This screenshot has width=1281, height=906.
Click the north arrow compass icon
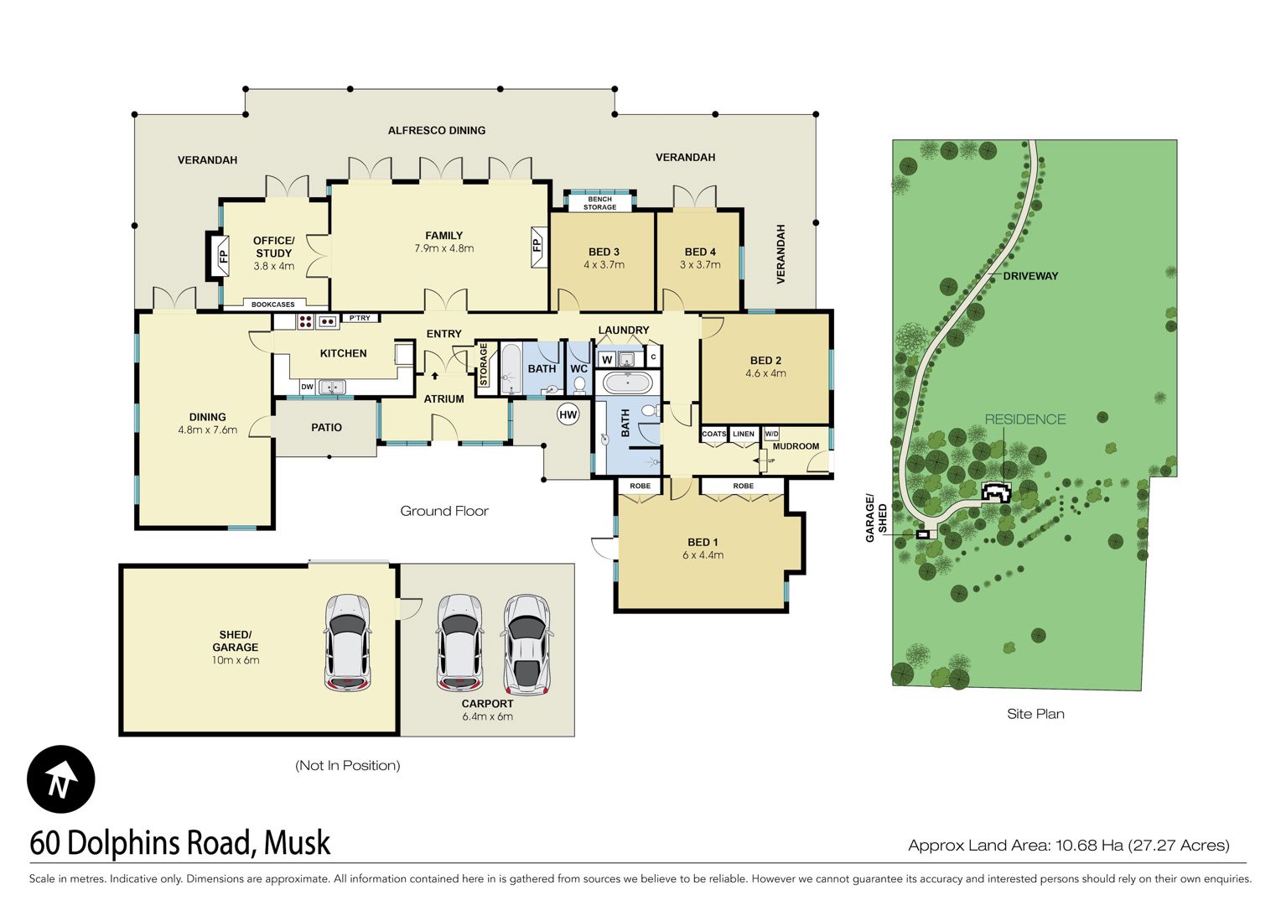pos(60,779)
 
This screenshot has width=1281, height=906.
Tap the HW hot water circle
pos(568,415)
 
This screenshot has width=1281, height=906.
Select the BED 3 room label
pos(604,252)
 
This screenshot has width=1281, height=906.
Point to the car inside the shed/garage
pos(348,643)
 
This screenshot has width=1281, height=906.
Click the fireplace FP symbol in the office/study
pos(223,256)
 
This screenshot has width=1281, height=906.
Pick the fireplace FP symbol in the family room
pos(537,246)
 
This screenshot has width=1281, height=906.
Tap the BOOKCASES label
pos(272,305)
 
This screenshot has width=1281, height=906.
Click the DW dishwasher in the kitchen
pos(307,387)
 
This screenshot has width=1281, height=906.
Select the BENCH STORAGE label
pos(600,203)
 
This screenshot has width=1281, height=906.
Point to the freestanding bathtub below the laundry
pos(627,383)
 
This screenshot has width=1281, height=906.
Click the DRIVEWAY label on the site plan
pos(1030,276)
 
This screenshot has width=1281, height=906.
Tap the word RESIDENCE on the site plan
pos(1024,419)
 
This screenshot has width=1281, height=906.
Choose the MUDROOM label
pos(796,446)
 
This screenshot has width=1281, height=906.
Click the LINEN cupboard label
pos(744,434)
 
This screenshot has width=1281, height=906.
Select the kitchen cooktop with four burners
pos(305,321)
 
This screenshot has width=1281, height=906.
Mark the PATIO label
pos(327,428)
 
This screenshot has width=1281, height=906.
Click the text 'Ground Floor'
pos(444,511)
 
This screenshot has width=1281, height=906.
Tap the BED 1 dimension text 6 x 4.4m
pos(703,555)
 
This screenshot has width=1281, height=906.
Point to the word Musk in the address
pos(297,843)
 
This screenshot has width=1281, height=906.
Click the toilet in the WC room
pos(579,385)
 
